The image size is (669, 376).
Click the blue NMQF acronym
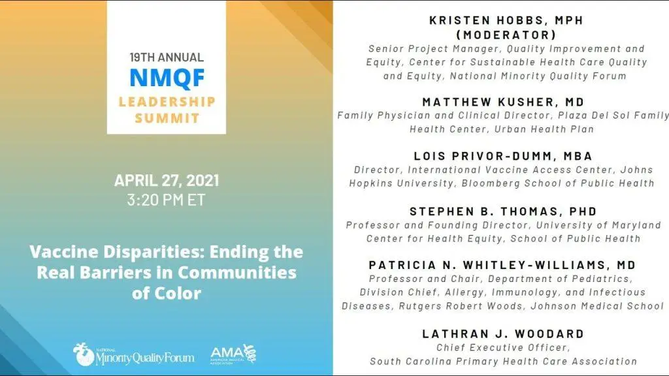[167, 78]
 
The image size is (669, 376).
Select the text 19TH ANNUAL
[167, 57]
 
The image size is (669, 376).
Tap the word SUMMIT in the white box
[167, 118]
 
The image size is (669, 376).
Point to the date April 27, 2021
[167, 180]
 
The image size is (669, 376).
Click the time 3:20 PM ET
[167, 200]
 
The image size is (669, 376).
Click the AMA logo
[233, 354]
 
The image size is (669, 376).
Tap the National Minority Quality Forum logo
[133, 354]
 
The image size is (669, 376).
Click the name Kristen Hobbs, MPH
[506, 20]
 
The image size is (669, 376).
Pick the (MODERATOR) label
[506, 35]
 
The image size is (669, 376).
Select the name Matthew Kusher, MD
[504, 102]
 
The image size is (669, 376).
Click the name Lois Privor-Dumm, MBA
[504, 156]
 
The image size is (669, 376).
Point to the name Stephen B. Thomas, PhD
[504, 211]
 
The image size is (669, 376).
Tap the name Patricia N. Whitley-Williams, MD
[502, 265]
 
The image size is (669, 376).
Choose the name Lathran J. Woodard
[504, 334]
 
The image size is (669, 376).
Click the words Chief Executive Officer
[503, 347]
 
